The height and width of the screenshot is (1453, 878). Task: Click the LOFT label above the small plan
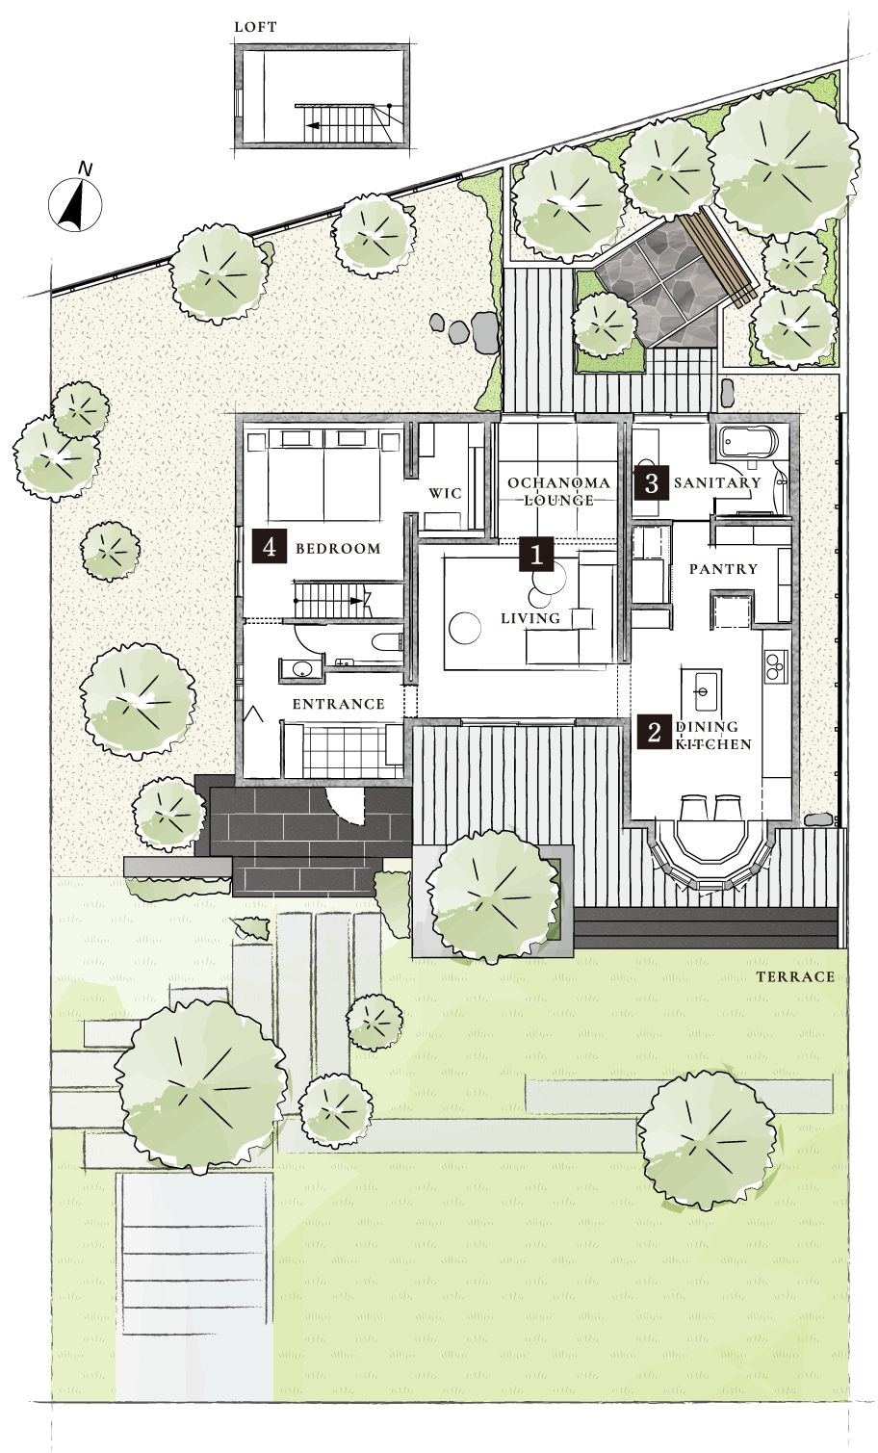click(255, 27)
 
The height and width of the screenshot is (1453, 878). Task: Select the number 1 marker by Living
click(536, 554)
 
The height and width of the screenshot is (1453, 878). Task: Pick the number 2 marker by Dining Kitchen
click(654, 732)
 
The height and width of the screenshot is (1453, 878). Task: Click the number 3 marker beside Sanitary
click(651, 482)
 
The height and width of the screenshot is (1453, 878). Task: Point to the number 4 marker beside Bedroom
click(270, 546)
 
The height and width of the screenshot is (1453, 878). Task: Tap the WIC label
click(446, 494)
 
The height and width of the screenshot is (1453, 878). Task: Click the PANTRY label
click(723, 569)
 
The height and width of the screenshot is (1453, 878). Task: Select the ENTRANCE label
click(339, 704)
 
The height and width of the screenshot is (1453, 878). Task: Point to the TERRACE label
click(795, 977)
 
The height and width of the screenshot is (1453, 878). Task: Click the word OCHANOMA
click(558, 482)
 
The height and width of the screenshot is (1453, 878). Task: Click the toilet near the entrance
click(386, 642)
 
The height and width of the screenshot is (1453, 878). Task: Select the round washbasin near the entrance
click(300, 668)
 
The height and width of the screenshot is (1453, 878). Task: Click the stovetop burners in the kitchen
click(775, 665)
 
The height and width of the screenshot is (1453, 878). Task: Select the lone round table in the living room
click(464, 628)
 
